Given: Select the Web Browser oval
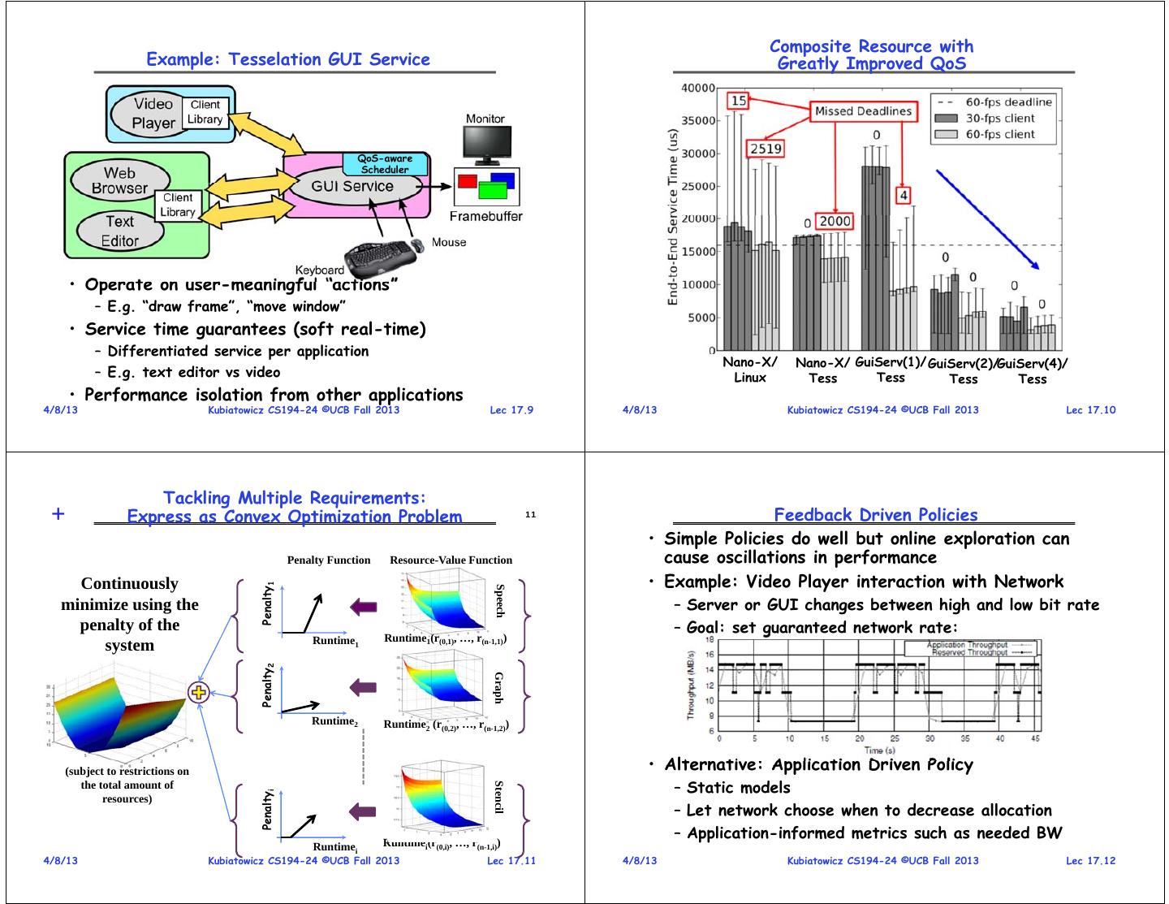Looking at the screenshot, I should tap(119, 180).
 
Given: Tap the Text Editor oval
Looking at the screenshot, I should tap(120, 231).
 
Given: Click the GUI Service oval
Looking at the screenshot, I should tap(352, 186).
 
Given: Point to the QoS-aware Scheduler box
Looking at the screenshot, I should tap(385, 164).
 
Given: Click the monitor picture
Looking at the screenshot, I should tap(485, 145).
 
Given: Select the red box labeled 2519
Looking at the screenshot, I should tap(766, 149).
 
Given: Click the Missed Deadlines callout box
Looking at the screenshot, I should tap(863, 111).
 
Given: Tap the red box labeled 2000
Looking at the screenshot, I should tap(835, 221).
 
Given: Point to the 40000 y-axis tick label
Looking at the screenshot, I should tap(698, 88).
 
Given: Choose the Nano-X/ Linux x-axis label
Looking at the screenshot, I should tap(750, 370).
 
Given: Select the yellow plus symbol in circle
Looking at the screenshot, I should tap(199, 692).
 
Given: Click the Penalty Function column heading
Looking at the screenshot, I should tap(328, 560).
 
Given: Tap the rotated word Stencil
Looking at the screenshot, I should tap(499, 797).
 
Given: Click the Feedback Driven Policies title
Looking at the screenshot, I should tap(875, 514).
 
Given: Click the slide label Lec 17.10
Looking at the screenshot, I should tap(1090, 409).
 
